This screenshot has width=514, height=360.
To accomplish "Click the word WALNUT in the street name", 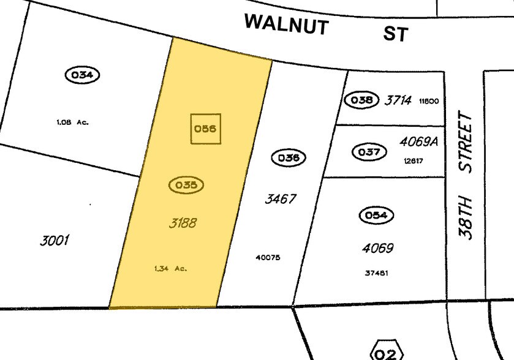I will click(287, 25).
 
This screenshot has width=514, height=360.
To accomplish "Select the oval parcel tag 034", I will click(82, 75).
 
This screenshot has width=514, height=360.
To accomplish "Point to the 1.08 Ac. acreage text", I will click(72, 122).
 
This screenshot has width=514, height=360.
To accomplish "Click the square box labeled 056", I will click(205, 129).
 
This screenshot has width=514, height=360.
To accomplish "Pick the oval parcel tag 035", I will click(186, 185).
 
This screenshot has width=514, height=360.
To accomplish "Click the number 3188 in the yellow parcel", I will click(183, 223).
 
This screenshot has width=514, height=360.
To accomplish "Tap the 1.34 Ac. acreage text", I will click(170, 268).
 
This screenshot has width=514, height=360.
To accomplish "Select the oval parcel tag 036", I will click(289, 158).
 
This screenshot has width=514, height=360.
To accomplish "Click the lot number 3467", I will click(281, 199).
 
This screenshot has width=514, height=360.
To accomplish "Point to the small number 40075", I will click(268, 258).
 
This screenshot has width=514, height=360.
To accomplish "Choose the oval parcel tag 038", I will click(361, 100).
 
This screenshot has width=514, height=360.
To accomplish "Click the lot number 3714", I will click(398, 100).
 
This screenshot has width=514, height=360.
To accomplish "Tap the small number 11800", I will click(429, 102).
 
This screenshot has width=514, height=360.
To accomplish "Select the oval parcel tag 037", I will click(369, 152).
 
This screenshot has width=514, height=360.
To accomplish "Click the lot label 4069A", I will click(419, 141).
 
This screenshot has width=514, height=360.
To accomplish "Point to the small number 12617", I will click(414, 161).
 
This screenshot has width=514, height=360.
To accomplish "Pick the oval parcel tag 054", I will click(376, 216).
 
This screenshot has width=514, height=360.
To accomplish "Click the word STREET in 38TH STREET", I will click(468, 141).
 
